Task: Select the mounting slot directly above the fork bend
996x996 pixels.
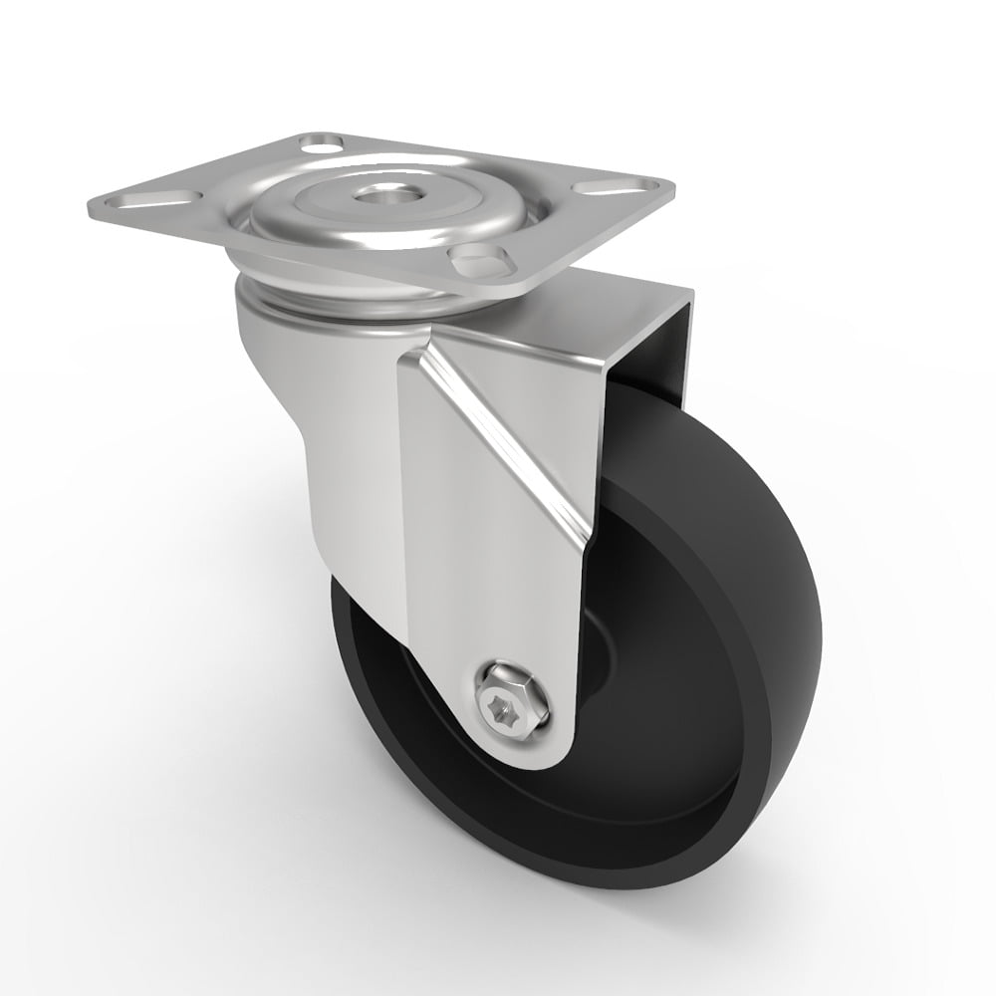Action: coord(481,261)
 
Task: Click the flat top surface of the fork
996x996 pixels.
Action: coord(558,319)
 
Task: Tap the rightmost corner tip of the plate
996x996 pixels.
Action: coord(671,187)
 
